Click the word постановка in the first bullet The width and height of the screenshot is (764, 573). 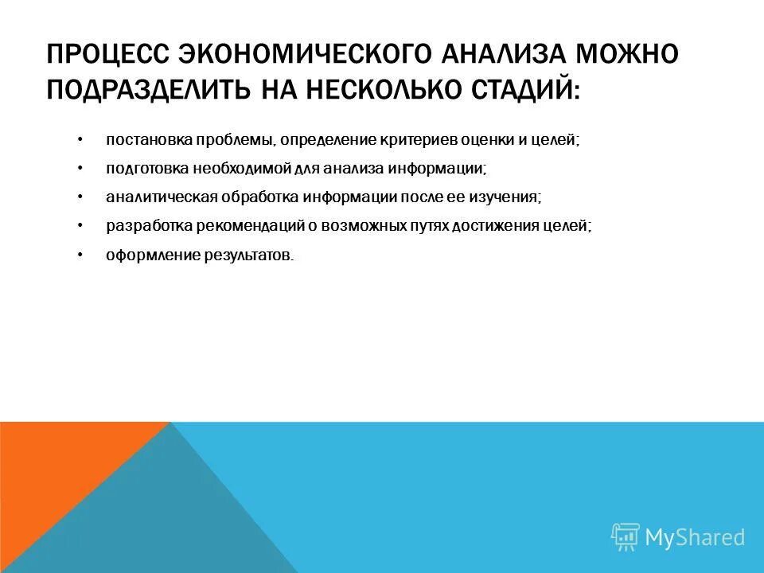coord(142,140)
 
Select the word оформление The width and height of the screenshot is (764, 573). coord(146,255)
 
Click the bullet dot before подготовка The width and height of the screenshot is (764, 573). coord(80,168)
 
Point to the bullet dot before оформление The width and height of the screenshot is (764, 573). coord(80,254)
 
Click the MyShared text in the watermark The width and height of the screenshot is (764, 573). coord(694,537)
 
